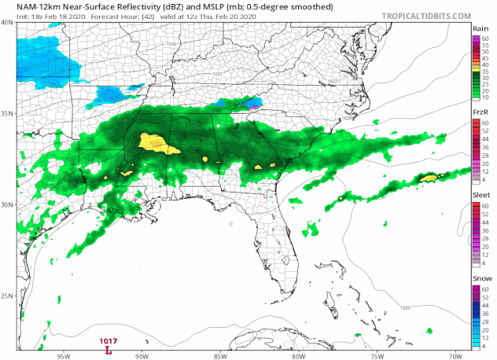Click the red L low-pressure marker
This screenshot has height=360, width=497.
click(x=108, y=350)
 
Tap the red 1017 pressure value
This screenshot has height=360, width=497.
click(x=108, y=341)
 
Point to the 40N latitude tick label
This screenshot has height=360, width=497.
click(x=7, y=23)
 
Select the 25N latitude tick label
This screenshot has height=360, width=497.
click(x=7, y=296)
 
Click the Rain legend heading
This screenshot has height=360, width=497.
click(x=481, y=28)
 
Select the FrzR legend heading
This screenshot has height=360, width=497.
click(x=481, y=112)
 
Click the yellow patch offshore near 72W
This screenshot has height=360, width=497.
click(x=429, y=178)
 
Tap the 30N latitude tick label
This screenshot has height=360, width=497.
click(x=7, y=204)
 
